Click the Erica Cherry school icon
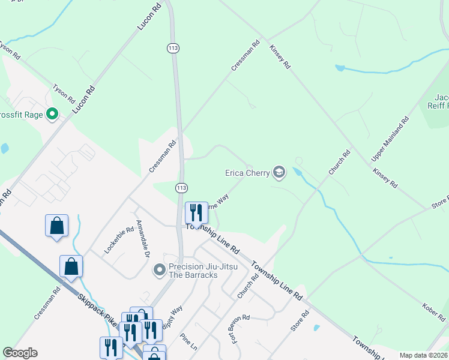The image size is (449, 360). (279, 173)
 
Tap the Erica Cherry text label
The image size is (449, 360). (247, 173)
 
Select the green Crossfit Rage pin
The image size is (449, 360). (52, 113)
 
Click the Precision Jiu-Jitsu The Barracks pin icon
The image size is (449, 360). (159, 270)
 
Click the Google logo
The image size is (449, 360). (20, 353)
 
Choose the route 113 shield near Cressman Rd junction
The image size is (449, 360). (181, 188)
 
